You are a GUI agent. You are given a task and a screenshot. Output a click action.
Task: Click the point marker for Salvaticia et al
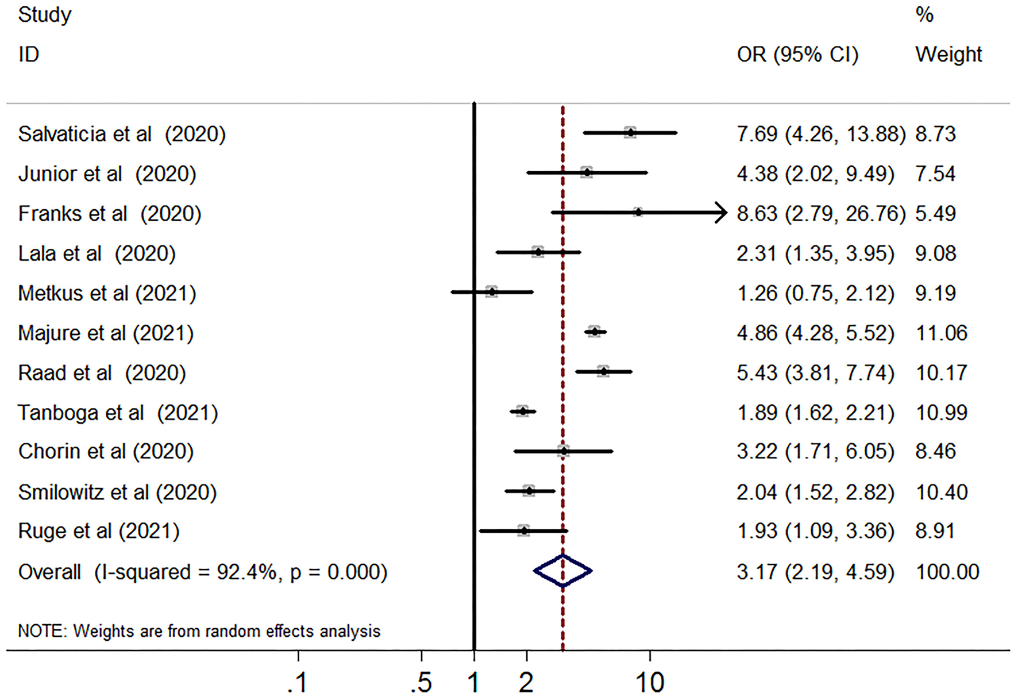(x=630, y=133)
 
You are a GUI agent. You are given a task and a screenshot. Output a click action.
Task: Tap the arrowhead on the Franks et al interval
(x=722, y=213)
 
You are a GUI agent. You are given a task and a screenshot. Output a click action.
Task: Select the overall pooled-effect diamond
(x=562, y=571)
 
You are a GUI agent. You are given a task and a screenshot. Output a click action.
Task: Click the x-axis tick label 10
(x=650, y=683)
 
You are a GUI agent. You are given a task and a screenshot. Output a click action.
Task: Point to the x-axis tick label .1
(x=298, y=683)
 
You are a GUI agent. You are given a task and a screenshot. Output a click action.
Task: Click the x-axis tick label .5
(x=421, y=683)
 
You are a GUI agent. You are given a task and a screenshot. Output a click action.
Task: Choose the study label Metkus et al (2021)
(x=107, y=293)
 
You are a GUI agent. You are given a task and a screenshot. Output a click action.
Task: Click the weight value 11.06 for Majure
(x=941, y=333)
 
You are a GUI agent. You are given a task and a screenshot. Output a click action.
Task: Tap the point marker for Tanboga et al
(x=522, y=411)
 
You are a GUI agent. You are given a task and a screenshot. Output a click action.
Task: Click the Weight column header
(x=948, y=55)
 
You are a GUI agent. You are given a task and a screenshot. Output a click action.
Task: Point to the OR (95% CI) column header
(x=797, y=55)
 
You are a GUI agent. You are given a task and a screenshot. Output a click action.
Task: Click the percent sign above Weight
(x=924, y=14)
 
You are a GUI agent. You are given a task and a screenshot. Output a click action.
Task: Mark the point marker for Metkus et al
(x=491, y=292)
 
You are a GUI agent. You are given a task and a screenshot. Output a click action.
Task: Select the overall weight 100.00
(x=947, y=572)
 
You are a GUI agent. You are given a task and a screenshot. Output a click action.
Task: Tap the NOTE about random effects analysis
(x=199, y=631)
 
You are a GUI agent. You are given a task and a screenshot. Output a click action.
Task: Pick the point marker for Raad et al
(x=603, y=372)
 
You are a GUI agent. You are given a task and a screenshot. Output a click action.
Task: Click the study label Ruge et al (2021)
(x=99, y=530)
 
